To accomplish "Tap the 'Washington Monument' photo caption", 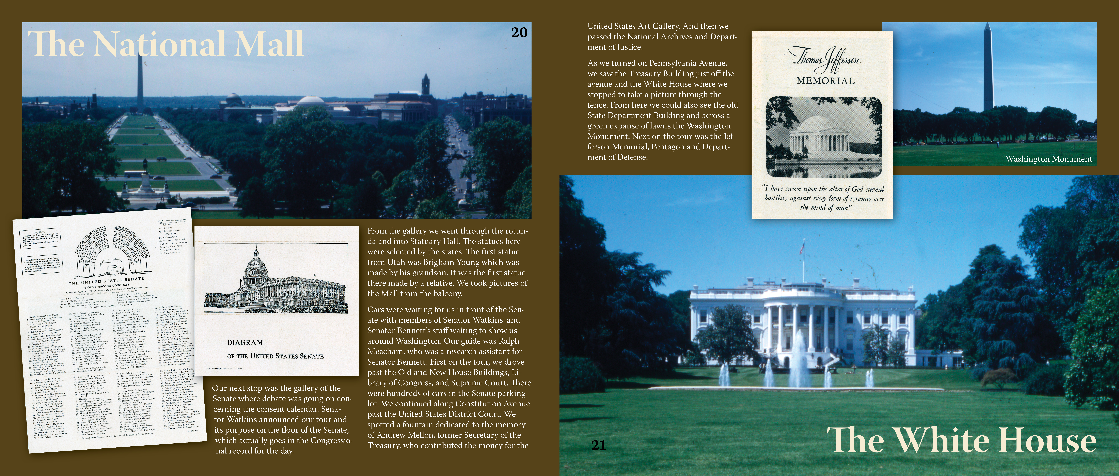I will pos(1048,159).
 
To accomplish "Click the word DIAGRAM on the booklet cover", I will pos(245,342).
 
